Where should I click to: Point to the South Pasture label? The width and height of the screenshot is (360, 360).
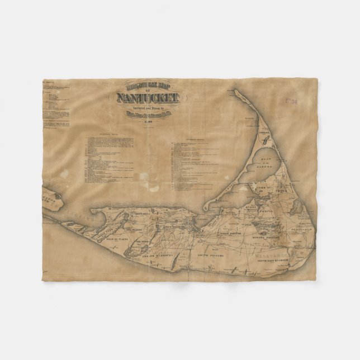[210, 254]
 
